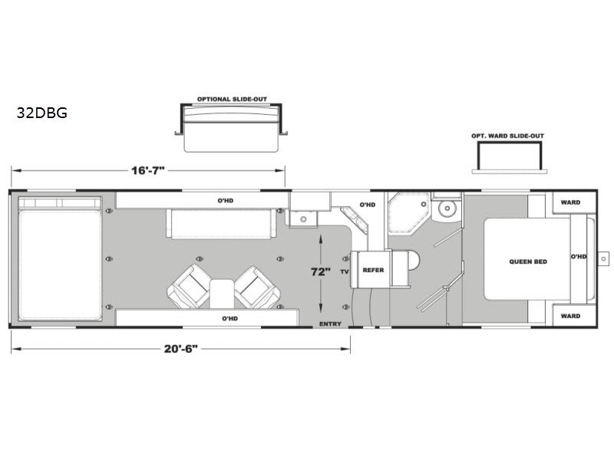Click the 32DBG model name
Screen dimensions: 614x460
coord(42,113)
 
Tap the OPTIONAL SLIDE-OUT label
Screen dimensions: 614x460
coord(232,99)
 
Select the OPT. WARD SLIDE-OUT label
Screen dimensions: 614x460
coord(507,136)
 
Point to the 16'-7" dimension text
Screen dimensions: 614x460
coord(147,170)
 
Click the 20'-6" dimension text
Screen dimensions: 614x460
coord(180,349)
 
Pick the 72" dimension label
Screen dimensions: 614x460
coord(321,271)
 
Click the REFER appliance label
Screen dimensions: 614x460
coord(373,270)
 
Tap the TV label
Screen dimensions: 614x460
coord(345,271)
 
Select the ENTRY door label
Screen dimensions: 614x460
coord(330,324)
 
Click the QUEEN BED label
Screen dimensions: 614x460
coord(528,261)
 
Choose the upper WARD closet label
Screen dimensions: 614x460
coord(570,202)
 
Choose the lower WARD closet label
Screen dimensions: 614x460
coord(570,316)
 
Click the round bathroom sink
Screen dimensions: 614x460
coord(447,209)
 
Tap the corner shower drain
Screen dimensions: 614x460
coord(424,204)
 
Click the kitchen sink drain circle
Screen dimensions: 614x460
coord(303,219)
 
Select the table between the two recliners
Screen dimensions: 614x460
coord(222,294)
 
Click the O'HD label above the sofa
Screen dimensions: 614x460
coord(226,201)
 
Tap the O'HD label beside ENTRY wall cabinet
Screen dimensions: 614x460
coord(229,318)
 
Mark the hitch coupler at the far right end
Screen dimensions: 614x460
coord(603,258)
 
